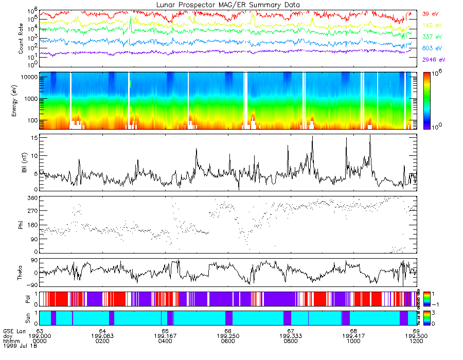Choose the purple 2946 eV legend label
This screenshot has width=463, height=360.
(x=433, y=60)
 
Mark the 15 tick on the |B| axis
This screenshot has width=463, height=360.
(x=33, y=138)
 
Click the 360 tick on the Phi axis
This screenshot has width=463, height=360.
(x=31, y=198)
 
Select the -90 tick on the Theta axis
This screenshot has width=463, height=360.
(x=31, y=285)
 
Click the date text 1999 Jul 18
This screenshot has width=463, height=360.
(x=17, y=346)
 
